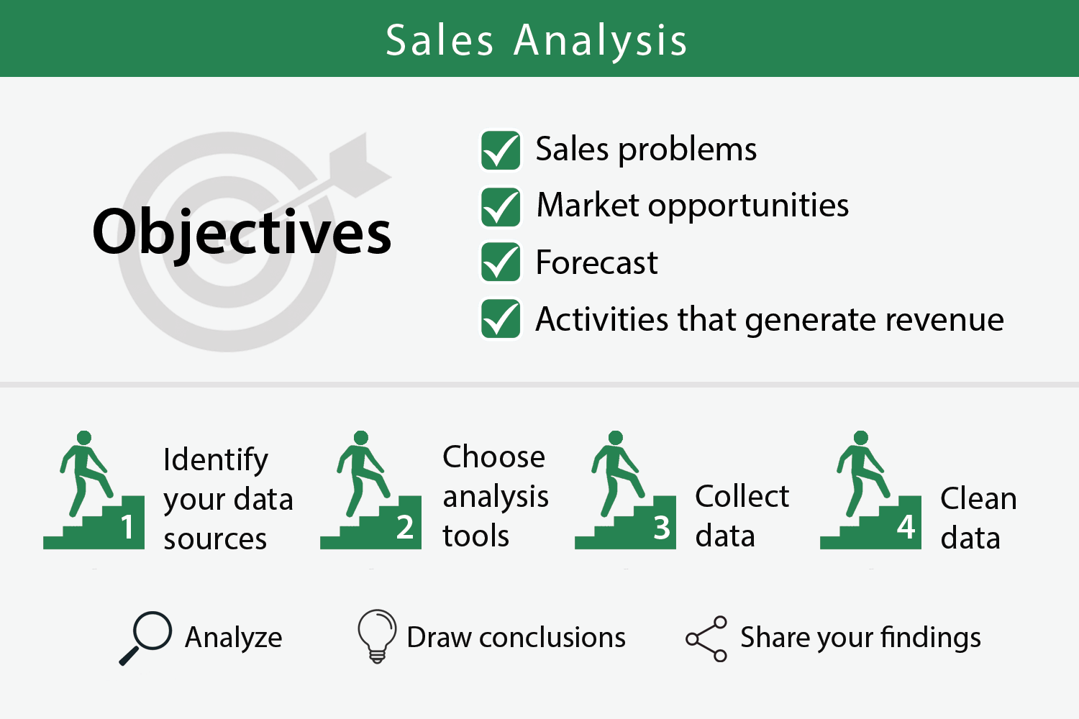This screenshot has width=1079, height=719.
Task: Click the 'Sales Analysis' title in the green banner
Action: tap(537, 40)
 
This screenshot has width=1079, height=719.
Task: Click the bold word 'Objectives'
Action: tap(242, 232)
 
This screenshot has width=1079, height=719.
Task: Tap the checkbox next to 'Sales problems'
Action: tap(500, 150)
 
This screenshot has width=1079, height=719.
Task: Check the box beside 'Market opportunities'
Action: tap(500, 207)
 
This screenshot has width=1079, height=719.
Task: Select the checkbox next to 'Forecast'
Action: tap(500, 262)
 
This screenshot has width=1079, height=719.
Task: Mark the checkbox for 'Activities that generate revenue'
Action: tap(500, 319)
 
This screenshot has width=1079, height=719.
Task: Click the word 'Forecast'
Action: tap(596, 262)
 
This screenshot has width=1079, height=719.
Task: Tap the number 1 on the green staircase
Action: tap(127, 527)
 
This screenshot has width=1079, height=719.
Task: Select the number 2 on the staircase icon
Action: tap(405, 527)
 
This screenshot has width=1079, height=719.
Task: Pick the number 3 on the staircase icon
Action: tap(661, 527)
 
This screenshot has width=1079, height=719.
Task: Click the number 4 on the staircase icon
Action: tap(906, 527)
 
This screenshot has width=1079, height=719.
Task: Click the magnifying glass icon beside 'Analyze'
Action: tap(146, 637)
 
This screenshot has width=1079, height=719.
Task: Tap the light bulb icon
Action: tap(377, 635)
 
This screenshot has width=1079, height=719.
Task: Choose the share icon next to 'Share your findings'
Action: tap(706, 638)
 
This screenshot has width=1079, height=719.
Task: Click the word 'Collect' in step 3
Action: tap(742, 496)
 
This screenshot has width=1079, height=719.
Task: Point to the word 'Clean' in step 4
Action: tap(978, 498)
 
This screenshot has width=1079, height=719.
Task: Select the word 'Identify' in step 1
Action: tap(215, 460)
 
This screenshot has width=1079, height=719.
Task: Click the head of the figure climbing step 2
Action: tap(361, 438)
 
